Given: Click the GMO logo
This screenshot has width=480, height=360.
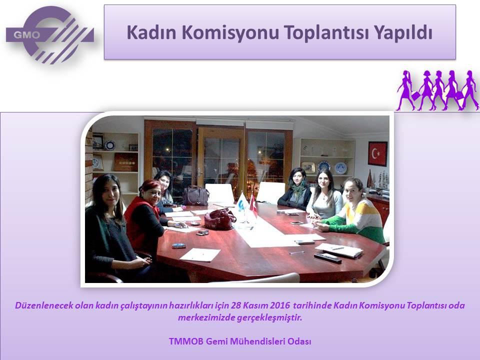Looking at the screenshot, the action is click(49, 35).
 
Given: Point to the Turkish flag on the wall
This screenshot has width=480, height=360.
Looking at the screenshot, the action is click(377, 153).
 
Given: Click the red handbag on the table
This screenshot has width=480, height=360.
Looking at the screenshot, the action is click(220, 218).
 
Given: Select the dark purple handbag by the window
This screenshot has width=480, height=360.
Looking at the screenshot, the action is click(195, 195).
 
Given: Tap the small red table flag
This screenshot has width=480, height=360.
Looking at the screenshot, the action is click(253, 205).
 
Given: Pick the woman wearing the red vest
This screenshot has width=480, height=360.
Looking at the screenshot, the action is click(146, 217).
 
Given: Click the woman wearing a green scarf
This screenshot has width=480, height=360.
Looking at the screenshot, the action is click(295, 190).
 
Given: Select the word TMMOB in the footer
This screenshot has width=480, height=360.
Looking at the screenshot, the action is click(186, 341).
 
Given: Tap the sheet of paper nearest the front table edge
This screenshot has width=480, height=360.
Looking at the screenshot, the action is click(200, 254).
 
